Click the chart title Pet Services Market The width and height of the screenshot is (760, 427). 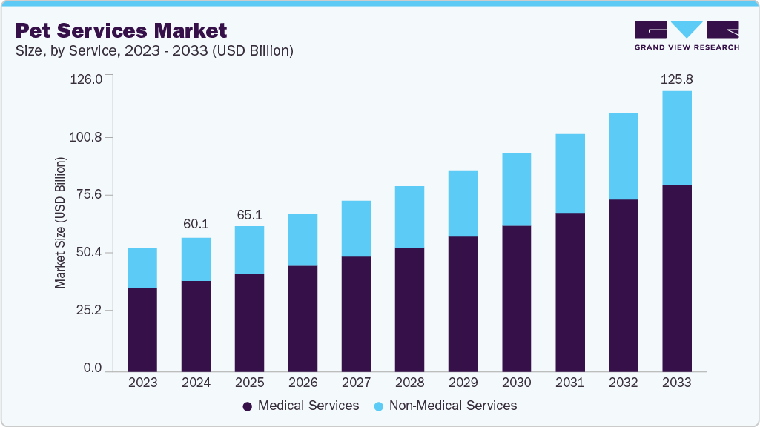coord(121,30)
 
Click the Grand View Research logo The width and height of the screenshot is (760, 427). coord(686,36)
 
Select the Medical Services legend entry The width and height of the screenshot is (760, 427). coord(301,406)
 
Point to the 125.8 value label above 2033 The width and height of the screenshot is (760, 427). coord(676,79)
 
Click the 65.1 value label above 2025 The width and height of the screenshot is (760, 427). coord(249,214)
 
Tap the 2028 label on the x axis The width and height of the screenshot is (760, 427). coord(409,383)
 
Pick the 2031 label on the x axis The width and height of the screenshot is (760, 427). coord(570,383)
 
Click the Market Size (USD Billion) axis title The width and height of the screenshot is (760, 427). coord(60,223)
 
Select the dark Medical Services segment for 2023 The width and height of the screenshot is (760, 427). coord(142,330)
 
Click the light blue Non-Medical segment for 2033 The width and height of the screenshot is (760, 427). coord(677,138)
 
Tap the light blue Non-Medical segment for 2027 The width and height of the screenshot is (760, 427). coord(356,228)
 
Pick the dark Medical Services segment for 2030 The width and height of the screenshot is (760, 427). coord(517,298)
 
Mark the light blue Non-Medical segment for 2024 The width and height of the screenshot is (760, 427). coord(196,259)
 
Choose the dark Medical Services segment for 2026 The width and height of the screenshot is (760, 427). coord(303,318)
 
